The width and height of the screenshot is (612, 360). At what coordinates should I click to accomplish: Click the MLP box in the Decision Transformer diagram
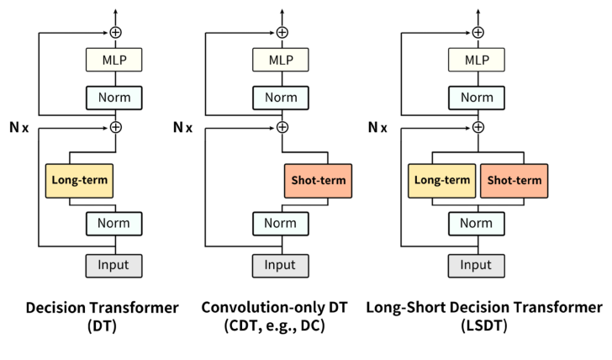pyautogui.click(x=113, y=60)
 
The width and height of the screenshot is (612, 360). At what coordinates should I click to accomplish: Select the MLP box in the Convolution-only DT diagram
pyautogui.click(x=282, y=60)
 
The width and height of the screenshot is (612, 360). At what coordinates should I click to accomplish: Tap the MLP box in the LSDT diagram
pyautogui.click(x=477, y=60)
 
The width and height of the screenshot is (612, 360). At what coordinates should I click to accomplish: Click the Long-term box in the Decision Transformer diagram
pyautogui.click(x=80, y=180)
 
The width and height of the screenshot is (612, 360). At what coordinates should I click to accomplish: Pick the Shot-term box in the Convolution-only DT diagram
pyautogui.click(x=316, y=180)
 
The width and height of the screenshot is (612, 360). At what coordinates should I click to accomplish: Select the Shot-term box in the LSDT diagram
pyautogui.click(x=512, y=180)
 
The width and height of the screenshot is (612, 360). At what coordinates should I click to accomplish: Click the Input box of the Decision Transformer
pyautogui.click(x=113, y=265)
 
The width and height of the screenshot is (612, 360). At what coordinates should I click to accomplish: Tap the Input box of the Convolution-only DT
pyautogui.click(x=282, y=265)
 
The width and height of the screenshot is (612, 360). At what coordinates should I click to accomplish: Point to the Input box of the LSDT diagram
pyautogui.click(x=477, y=265)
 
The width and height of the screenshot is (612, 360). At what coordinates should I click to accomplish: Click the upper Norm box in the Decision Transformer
pyautogui.click(x=113, y=98)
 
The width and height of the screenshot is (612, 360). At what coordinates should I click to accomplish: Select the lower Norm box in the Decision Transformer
pyautogui.click(x=113, y=224)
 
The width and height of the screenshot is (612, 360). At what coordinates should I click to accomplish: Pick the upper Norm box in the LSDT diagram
pyautogui.click(x=477, y=98)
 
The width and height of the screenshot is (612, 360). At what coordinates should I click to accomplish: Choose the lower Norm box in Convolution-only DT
pyautogui.click(x=282, y=224)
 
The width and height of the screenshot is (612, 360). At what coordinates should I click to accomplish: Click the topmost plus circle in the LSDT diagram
pyautogui.click(x=477, y=32)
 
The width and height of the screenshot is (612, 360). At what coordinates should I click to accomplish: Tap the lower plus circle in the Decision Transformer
pyautogui.click(x=113, y=127)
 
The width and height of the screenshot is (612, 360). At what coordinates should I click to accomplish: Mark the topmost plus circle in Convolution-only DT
pyautogui.click(x=282, y=32)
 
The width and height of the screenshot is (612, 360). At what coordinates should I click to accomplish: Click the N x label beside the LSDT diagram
pyautogui.click(x=377, y=128)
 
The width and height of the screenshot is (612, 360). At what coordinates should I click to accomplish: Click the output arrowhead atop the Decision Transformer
pyautogui.click(x=113, y=10)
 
